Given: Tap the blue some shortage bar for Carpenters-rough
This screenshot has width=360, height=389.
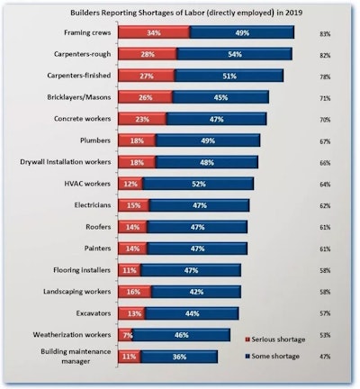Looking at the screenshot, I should pyautogui.click(x=234, y=55).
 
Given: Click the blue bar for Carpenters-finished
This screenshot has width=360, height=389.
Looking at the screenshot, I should pyautogui.click(x=229, y=77).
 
